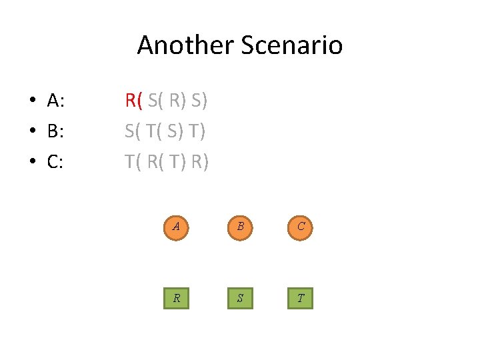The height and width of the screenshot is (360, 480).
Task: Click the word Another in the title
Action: (176, 45)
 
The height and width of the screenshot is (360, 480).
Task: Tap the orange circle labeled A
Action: (176, 226)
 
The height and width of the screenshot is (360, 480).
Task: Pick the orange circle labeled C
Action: (301, 226)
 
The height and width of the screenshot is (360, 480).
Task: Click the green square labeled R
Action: (176, 297)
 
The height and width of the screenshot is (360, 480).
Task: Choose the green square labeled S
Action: (239, 297)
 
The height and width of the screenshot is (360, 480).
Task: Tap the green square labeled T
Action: (301, 297)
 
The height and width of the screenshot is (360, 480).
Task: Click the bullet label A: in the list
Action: (56, 101)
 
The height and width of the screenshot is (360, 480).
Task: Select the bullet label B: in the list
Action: (56, 131)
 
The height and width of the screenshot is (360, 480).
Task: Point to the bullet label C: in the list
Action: (56, 162)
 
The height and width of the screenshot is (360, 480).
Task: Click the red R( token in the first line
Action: (133, 101)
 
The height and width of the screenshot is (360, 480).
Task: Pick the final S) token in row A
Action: (199, 101)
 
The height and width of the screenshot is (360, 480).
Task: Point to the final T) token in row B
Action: (197, 131)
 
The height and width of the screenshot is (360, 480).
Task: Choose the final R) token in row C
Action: (199, 162)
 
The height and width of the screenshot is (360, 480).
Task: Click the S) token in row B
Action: (175, 131)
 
